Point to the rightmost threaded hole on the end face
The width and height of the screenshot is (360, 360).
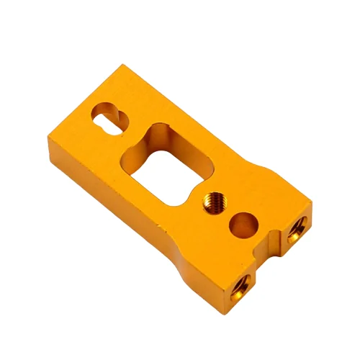[x=297, y=228]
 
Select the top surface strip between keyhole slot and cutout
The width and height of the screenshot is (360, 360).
[x=130, y=133]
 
